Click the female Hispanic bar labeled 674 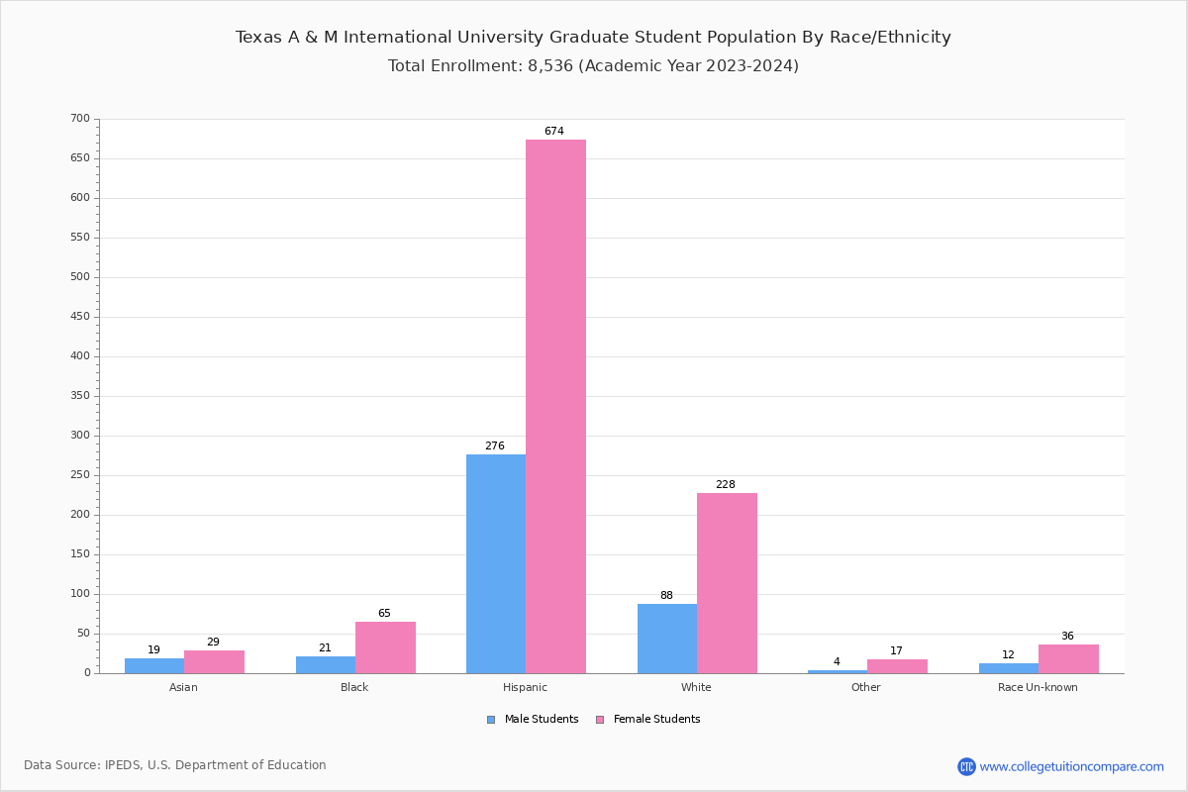pos(555,406)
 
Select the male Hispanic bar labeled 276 pos(496,563)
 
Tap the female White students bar pos(727,583)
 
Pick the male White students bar pos(667,639)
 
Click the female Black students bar pos(385,647)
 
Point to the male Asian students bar pos(154,665)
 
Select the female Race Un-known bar pos(1068,659)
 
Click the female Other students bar pos(897,666)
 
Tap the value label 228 pos(726,485)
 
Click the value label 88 pos(666,596)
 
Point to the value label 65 pos(384,614)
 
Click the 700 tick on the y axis pos(80,119)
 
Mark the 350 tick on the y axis pos(80,396)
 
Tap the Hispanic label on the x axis pos(525,687)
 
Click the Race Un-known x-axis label pos(1038,687)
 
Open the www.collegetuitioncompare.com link pos(1071,766)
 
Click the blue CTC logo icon pos(966,766)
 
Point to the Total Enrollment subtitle pos(593,66)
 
